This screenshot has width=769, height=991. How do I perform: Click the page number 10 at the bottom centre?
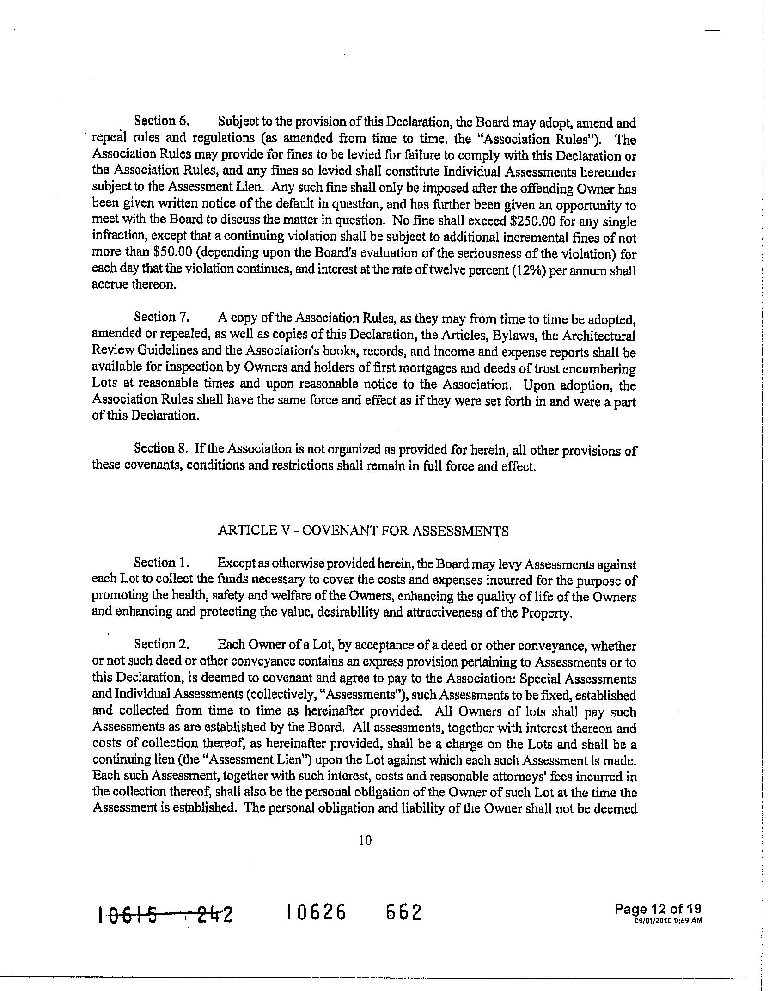[x=365, y=840]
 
